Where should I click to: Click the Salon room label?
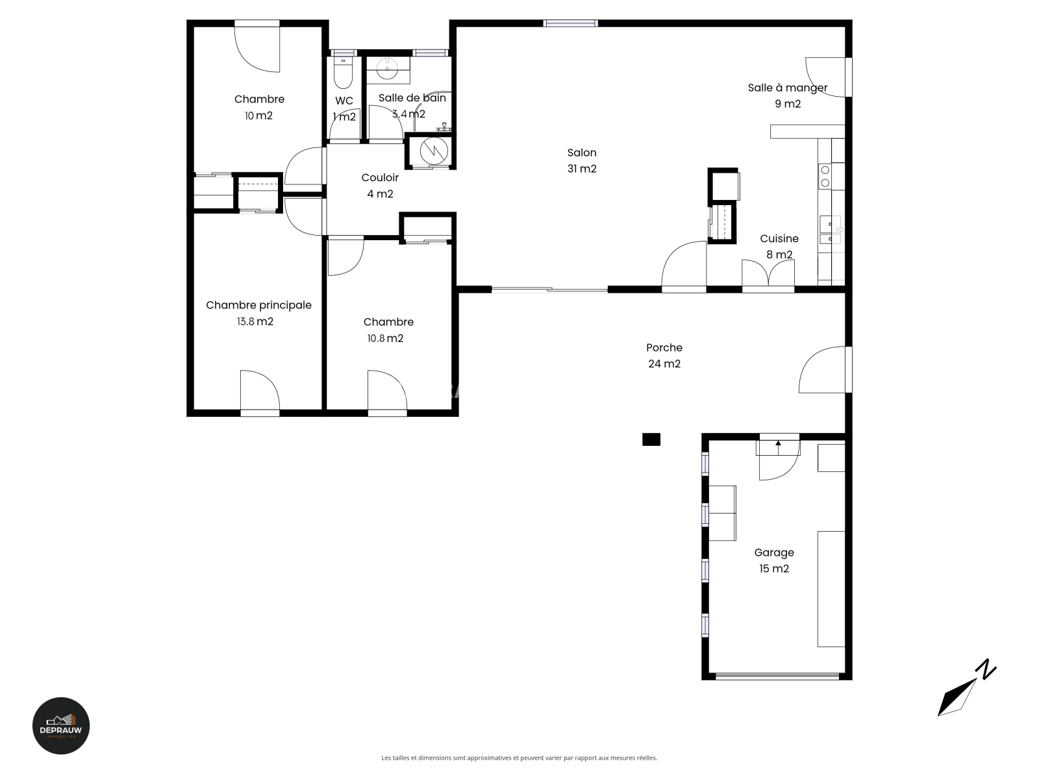[x=582, y=153]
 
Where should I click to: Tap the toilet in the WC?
[x=343, y=73]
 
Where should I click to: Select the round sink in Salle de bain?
[x=388, y=69]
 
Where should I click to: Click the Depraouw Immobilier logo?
[x=61, y=726]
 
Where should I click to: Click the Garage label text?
[x=774, y=552]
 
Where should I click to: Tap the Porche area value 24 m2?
[x=664, y=364]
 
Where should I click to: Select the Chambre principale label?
[x=258, y=306]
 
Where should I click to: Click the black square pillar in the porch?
[x=651, y=439]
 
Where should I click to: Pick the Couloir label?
[x=380, y=177]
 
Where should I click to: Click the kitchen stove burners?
[x=825, y=177]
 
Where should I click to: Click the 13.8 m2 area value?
[x=255, y=321]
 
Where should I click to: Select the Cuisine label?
[x=779, y=238]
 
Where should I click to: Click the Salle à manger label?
[x=788, y=88]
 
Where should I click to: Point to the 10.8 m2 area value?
[x=385, y=338]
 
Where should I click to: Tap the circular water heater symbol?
[x=434, y=150]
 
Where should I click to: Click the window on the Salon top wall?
[x=570, y=23]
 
